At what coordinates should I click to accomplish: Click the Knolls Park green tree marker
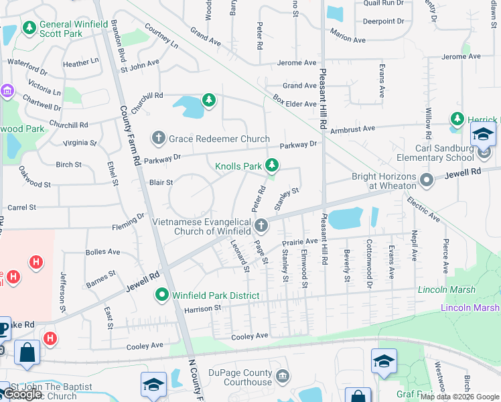pyautogui.click(x=271, y=165)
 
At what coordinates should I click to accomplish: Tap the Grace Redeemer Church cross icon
pyautogui.click(x=159, y=139)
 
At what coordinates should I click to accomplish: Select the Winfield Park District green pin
pyautogui.click(x=161, y=295)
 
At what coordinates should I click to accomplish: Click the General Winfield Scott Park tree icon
pyautogui.click(x=29, y=27)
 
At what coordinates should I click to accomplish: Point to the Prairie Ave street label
pyautogui.click(x=301, y=241)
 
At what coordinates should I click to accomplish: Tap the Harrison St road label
pyautogui.click(x=202, y=308)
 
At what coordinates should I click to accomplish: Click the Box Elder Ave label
pyautogui.click(x=294, y=104)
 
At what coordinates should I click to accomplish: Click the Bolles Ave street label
pyautogui.click(x=102, y=252)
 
